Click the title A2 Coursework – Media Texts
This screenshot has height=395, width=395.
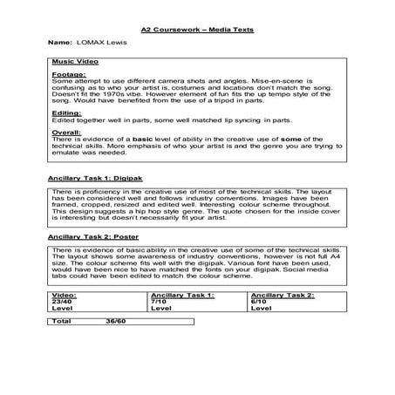click(x=197, y=28)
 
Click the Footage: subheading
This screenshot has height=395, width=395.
click(x=69, y=76)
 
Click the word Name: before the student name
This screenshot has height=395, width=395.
click(x=59, y=41)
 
